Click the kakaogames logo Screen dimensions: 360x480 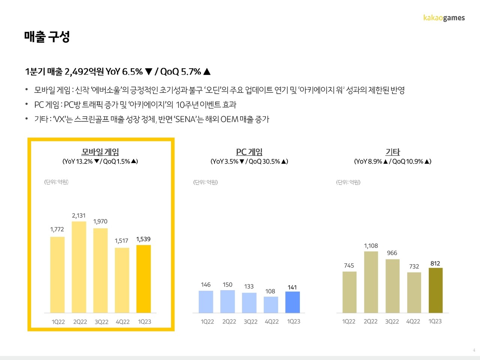pyautogui.click(x=444, y=18)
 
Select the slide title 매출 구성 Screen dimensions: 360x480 pyautogui.click(x=47, y=37)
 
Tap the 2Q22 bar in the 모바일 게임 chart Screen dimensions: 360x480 pyautogui.click(x=79, y=267)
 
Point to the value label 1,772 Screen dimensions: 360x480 pyautogui.click(x=57, y=229)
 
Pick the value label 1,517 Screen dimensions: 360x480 pyautogui.click(x=121, y=241)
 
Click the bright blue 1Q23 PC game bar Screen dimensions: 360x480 pyautogui.click(x=292, y=302)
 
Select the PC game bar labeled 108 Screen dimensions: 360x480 pyautogui.click(x=271, y=304)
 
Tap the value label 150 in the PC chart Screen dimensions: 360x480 pyautogui.click(x=227, y=285)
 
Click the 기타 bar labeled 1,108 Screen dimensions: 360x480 pyautogui.click(x=371, y=282)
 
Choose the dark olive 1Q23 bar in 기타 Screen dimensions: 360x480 pyautogui.click(x=435, y=290)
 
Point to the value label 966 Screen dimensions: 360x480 pyautogui.click(x=392, y=253)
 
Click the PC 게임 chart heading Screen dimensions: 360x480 pyautogui.click(x=249, y=152)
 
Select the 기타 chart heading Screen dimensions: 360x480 pyautogui.click(x=393, y=152)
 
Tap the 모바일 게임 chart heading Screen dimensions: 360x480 pyautogui.click(x=100, y=152)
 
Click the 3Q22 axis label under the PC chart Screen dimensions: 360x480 pyautogui.click(x=250, y=322)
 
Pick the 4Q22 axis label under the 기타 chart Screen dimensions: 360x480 pyautogui.click(x=413, y=321)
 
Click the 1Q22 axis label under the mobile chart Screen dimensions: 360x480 pyautogui.click(x=58, y=322)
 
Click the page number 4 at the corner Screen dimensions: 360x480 pyautogui.click(x=474, y=350)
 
